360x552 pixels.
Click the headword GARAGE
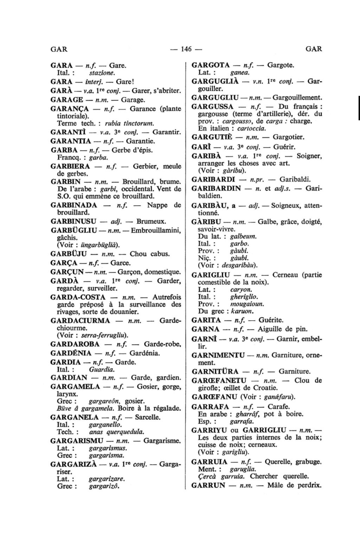67,100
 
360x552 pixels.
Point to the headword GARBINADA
74,205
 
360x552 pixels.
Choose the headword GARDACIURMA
81,321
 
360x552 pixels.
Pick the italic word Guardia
102,370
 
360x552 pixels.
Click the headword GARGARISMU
77,441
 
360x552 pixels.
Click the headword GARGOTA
210,65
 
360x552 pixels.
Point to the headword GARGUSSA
212,107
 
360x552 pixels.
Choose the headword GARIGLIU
211,275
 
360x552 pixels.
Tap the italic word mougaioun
247,304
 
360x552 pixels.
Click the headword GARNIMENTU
218,355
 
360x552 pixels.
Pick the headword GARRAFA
211,407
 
